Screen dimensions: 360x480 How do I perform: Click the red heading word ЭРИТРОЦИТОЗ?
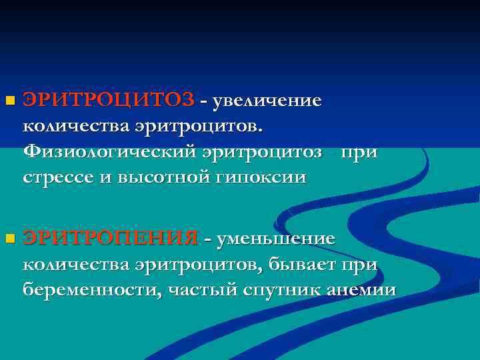click(109, 101)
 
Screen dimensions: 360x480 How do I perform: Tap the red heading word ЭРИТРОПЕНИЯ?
click(111, 238)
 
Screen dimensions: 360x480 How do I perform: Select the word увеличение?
click(266, 101)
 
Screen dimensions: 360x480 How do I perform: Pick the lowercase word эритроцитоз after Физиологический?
click(267, 153)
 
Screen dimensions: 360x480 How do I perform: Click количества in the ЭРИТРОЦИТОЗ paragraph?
click(75, 127)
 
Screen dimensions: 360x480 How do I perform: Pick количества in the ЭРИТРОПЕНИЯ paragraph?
click(75, 264)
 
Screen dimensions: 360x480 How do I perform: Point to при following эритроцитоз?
click(360, 153)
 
